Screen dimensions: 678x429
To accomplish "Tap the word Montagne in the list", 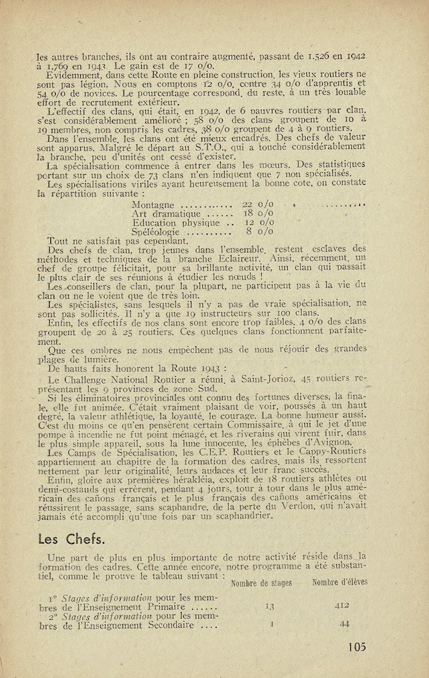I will (x=154, y=205).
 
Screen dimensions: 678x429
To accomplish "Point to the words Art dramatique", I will (x=166, y=214).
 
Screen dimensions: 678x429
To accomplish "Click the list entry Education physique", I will (x=176, y=223).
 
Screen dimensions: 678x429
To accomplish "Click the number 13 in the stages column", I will (x=271, y=605).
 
